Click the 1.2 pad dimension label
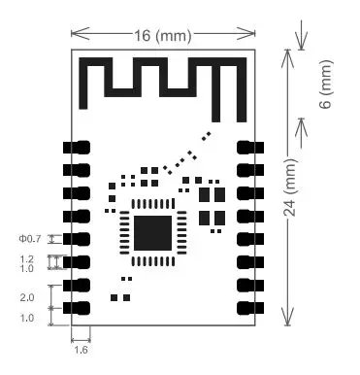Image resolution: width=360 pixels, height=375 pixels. [27, 259]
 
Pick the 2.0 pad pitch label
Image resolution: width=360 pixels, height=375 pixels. [27, 297]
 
